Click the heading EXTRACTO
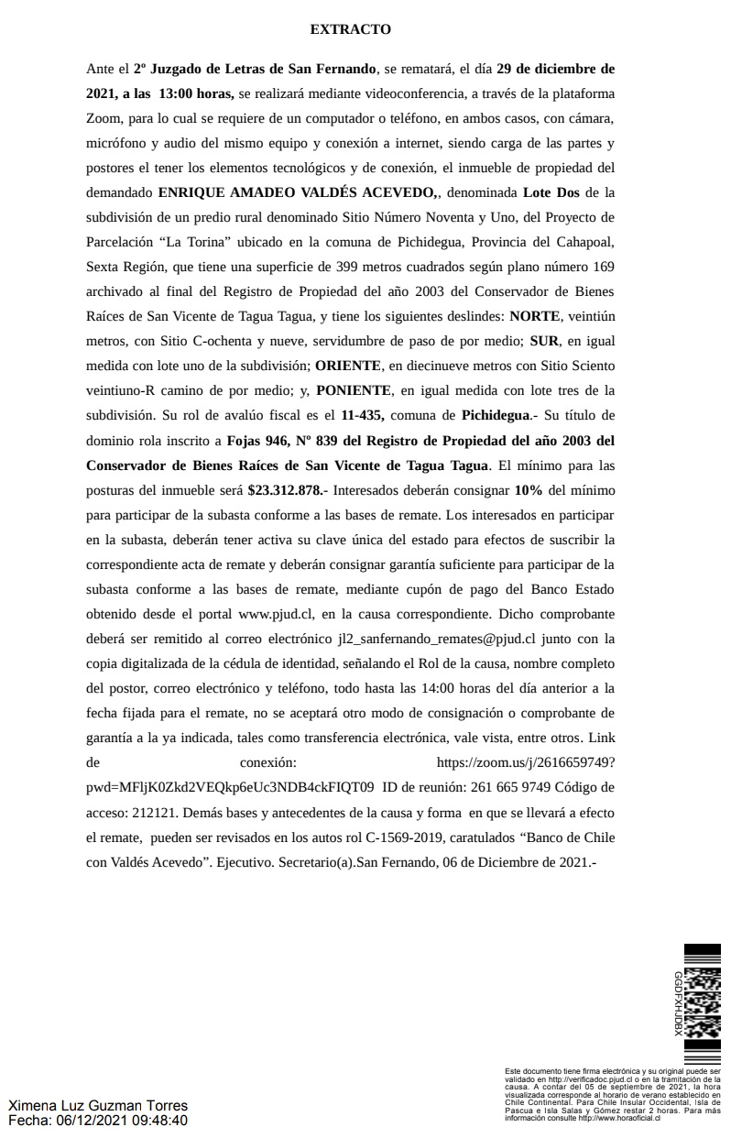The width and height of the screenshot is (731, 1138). [351, 29]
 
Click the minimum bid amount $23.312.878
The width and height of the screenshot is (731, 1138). [289, 489]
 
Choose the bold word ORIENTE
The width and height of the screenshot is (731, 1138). [346, 366]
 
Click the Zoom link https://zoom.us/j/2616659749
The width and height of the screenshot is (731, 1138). [526, 761]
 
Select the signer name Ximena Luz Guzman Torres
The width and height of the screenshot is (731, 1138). [98, 1106]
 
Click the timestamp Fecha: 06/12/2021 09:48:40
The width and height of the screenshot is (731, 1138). [98, 1120]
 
